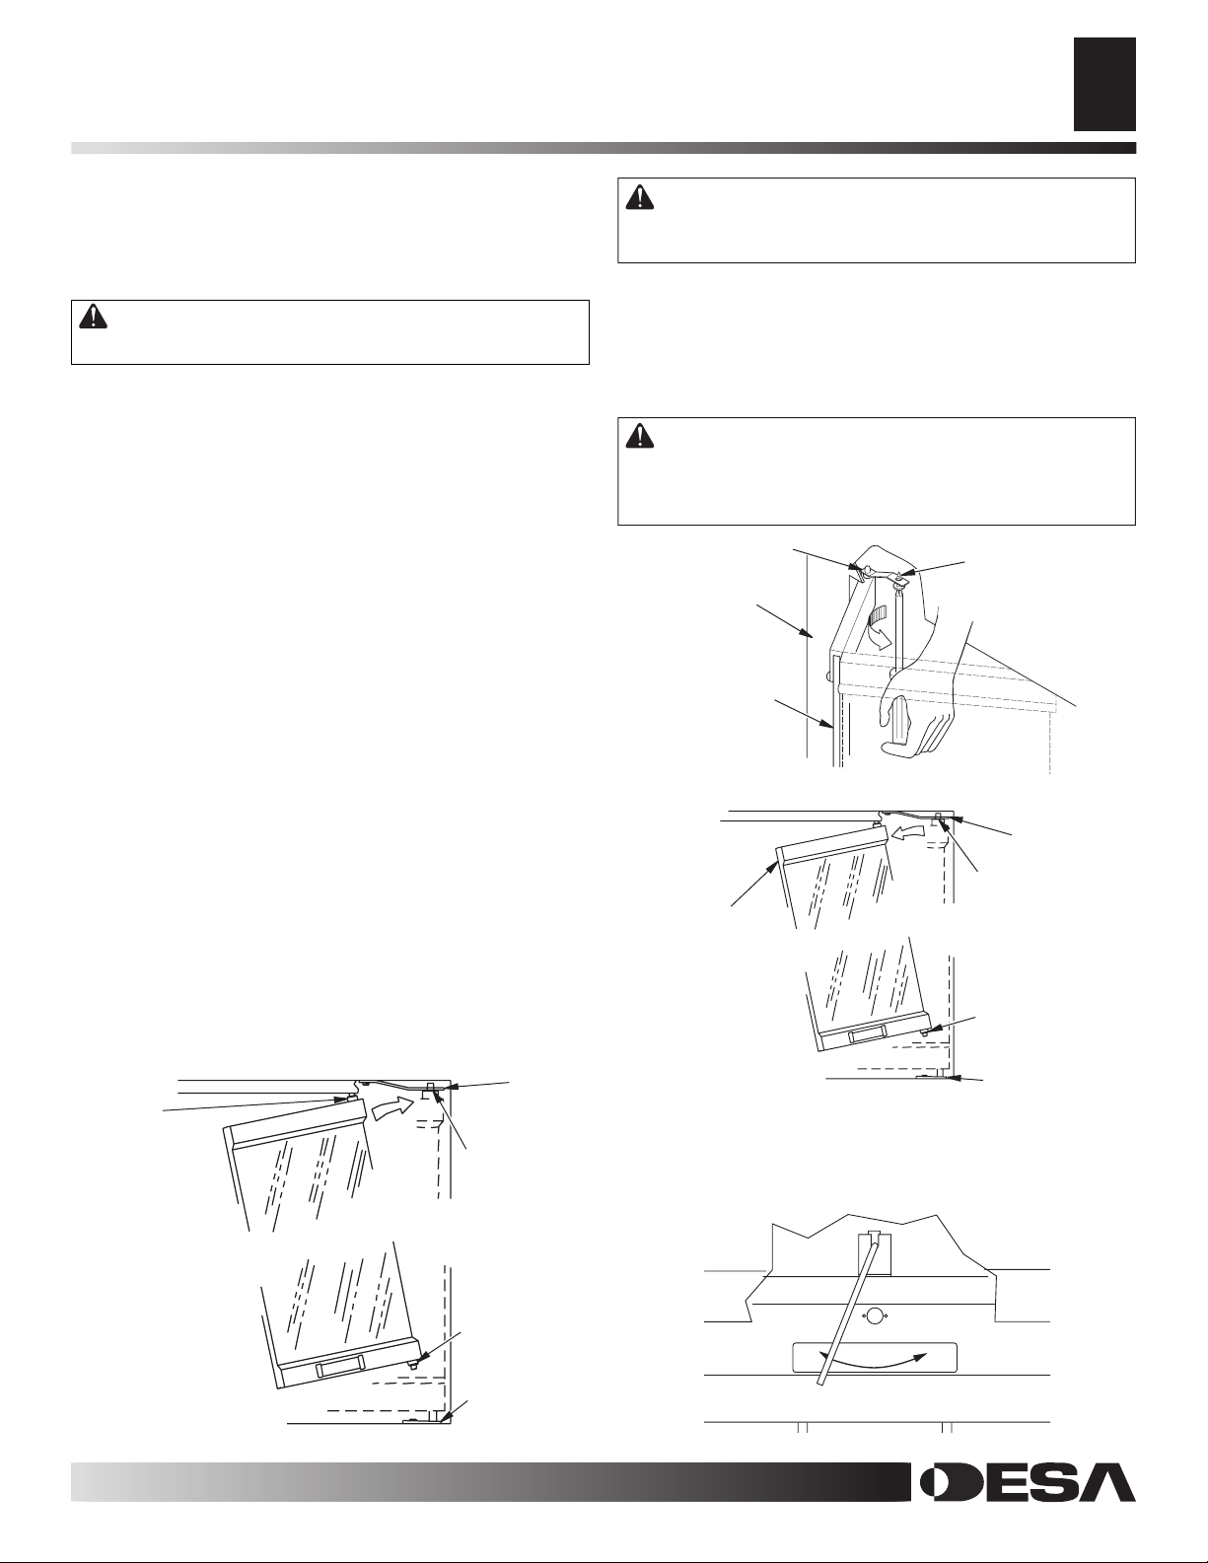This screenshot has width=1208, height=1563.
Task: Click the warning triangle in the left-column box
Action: point(94,318)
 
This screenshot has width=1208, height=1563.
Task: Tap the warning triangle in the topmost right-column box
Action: point(640,197)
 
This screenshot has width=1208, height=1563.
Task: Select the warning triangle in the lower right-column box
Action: point(640,436)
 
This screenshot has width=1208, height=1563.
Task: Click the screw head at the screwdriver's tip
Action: point(898,575)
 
